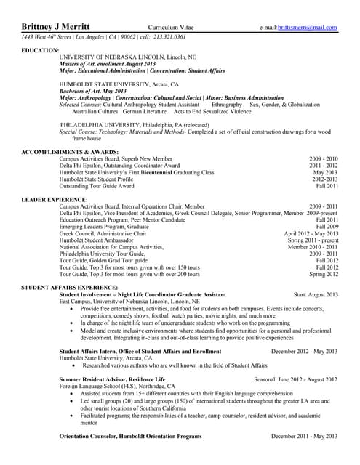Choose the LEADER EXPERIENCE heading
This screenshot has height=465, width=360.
pyautogui.click(x=55, y=199)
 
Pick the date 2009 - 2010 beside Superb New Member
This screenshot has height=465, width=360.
pyautogui.click(x=323, y=158)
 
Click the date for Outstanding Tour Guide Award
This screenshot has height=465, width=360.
pyautogui.click(x=327, y=185)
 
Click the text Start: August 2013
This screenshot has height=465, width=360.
pyautogui.click(x=316, y=294)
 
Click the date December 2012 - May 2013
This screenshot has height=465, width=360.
pyautogui.click(x=304, y=351)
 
